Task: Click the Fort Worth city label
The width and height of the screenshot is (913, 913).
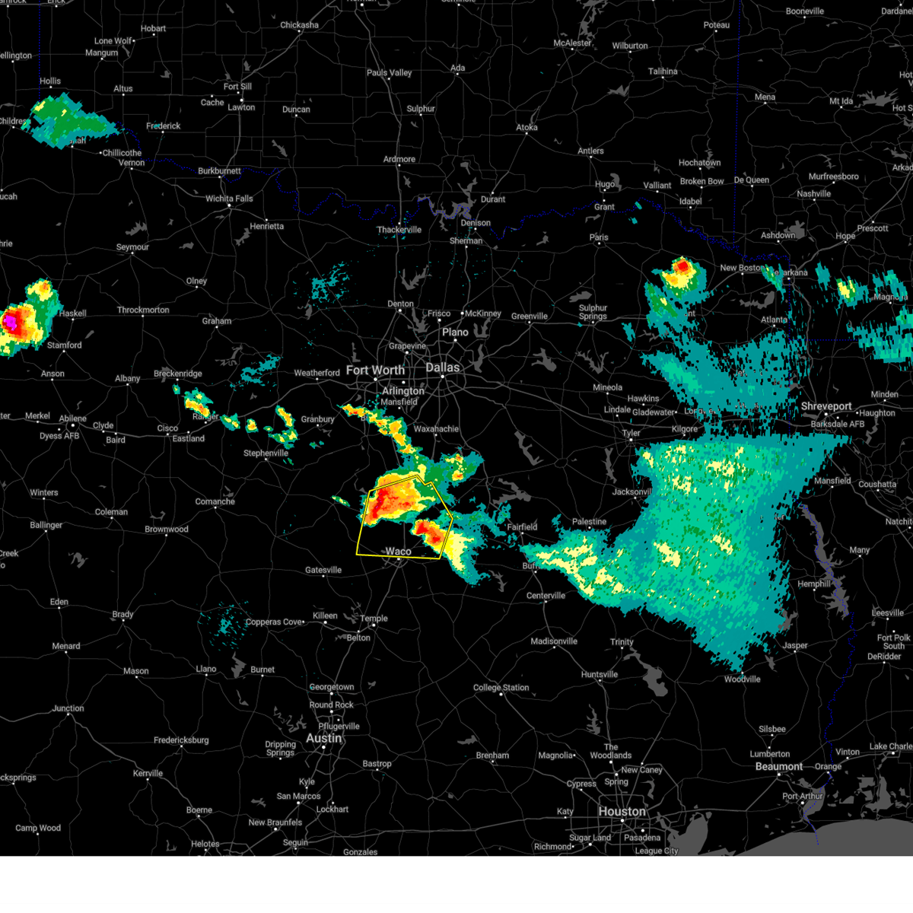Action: coord(375,371)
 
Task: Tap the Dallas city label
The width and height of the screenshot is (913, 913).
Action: coord(442,367)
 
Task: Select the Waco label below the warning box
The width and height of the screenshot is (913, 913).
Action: coord(398,552)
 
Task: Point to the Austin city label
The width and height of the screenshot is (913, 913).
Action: coord(323,738)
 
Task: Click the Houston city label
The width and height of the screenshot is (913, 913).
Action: coord(622,811)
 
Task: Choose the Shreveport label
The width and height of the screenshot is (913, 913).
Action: coord(826,406)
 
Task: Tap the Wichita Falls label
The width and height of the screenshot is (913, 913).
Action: coord(229,199)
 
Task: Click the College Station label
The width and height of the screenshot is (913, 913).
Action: coord(501,688)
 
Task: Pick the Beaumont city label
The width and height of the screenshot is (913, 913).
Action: coord(778,766)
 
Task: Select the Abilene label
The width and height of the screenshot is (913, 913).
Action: coord(73,418)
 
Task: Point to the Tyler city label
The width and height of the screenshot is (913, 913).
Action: coord(631,433)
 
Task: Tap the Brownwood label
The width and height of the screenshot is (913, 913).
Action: coord(167,529)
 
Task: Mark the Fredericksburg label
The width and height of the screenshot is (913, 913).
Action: coord(181,740)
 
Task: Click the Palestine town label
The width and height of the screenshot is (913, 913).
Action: coord(589,522)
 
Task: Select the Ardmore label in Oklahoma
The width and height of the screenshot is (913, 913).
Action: coord(399,159)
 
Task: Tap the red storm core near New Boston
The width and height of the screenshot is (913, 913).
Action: coord(682,266)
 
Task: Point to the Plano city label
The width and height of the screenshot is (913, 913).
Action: coord(455,332)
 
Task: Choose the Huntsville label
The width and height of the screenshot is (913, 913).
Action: coord(599,675)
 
